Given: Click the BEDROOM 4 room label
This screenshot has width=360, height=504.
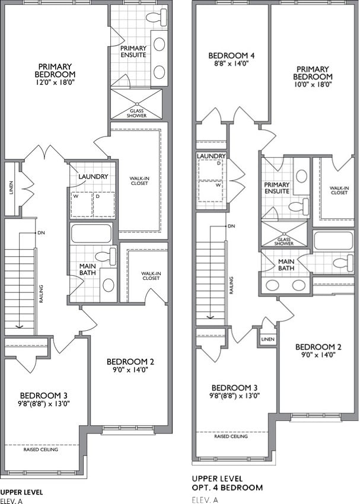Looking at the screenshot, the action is pyautogui.click(x=231, y=56).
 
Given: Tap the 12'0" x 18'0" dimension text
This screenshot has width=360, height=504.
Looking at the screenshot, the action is pyautogui.click(x=55, y=82).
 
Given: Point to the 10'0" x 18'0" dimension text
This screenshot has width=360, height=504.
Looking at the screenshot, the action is pyautogui.click(x=313, y=85).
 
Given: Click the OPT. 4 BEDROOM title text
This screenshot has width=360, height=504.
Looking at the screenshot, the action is pyautogui.click(x=227, y=487).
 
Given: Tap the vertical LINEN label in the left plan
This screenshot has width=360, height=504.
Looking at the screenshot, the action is pyautogui.click(x=12, y=188).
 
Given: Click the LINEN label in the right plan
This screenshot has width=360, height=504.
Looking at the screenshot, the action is pyautogui.click(x=267, y=339).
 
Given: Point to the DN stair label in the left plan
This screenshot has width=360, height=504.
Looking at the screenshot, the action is pyautogui.click(x=41, y=232).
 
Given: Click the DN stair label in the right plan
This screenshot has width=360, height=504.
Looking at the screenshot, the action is pyautogui.click(x=231, y=227).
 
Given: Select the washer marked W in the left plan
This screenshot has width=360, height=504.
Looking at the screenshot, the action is pyautogui.click(x=82, y=205).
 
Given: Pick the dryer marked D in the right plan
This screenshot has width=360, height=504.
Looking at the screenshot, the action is pyautogui.click(x=210, y=170).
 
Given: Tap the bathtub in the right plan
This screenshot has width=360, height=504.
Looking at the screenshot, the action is pyautogui.click(x=333, y=241).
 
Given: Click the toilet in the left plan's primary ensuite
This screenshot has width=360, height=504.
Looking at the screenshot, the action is pyautogui.click(x=157, y=16).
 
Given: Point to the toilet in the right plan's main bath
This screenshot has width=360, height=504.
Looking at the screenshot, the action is pyautogui.click(x=343, y=263).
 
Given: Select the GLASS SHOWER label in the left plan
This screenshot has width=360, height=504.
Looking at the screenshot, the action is pyautogui.click(x=136, y=113).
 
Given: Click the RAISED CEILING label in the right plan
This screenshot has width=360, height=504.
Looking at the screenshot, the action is pyautogui.click(x=231, y=436).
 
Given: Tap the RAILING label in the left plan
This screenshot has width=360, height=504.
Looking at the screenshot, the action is pyautogui.click(x=41, y=294).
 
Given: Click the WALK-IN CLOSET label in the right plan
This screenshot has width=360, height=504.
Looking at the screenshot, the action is pyautogui.click(x=339, y=190).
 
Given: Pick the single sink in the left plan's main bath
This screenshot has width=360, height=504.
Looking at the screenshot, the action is pyautogui.click(x=109, y=285).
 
